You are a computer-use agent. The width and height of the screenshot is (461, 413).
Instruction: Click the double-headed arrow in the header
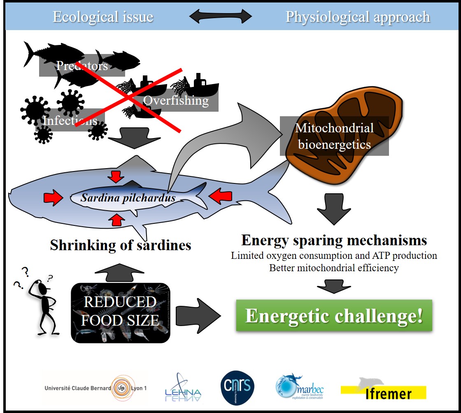coord(220,17)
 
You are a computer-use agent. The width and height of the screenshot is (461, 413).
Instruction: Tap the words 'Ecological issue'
coord(103,17)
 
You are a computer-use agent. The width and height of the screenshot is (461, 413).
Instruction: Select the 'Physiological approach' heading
coord(358,17)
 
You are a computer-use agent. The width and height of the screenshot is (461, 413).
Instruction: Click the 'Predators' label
coord(82,66)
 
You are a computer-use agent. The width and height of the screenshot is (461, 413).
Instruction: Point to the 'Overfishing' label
coord(176,100)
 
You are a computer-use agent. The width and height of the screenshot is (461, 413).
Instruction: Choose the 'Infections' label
coord(70,120)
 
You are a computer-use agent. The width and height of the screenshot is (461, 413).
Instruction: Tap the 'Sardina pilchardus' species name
coord(128,198)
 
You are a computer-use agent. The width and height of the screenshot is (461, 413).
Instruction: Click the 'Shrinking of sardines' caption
coord(121,245)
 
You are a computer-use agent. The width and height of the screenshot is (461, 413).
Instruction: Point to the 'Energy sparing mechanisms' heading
coord(334,240)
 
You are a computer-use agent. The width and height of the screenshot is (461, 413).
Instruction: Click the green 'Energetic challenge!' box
coord(334,316)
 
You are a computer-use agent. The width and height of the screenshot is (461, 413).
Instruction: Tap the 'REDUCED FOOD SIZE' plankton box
coord(120,312)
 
